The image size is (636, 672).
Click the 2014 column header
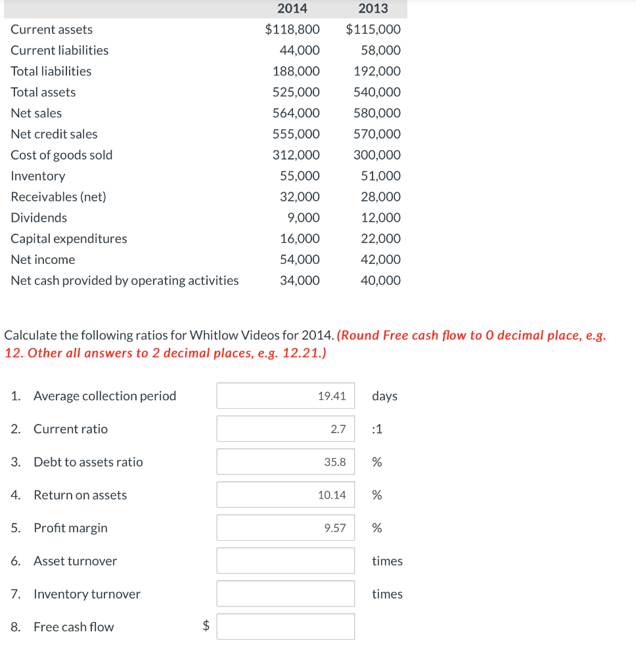tap(292, 9)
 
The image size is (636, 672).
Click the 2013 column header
tap(373, 9)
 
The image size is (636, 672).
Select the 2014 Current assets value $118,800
tap(292, 30)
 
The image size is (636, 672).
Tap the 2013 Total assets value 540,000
tap(376, 92)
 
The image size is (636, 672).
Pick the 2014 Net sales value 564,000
tap(296, 113)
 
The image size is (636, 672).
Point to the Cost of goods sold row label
tap(62, 155)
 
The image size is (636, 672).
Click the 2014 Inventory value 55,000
tap(300, 176)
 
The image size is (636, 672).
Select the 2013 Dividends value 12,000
tap(380, 218)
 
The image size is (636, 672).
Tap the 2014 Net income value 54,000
tap(300, 259)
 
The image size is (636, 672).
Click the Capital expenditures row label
tap(69, 238)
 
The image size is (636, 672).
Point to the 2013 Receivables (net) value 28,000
tap(380, 197)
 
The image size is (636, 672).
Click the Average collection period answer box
tap(286, 396)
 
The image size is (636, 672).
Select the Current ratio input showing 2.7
tap(286, 429)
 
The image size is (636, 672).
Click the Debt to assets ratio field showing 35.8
tap(286, 462)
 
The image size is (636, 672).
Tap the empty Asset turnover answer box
tap(286, 560)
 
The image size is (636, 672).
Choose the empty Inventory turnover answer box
tap(286, 593)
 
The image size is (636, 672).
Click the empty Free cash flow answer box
tap(286, 627)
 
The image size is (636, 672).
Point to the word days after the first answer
tap(384, 396)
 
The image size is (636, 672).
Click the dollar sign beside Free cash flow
tap(206, 627)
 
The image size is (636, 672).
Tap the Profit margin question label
tap(70, 528)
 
